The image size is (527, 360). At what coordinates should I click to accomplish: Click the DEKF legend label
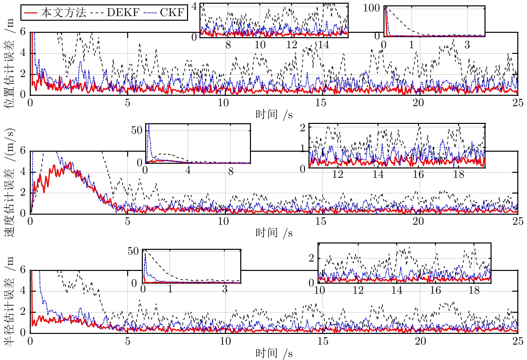[123, 13]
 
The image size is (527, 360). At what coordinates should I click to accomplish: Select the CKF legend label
[172, 13]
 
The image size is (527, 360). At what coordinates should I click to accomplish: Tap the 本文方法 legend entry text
[64, 13]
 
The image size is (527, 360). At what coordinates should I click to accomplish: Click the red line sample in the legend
[30, 13]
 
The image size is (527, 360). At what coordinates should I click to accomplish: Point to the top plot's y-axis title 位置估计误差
[10, 64]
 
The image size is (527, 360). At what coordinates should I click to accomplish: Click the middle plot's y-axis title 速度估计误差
[10, 183]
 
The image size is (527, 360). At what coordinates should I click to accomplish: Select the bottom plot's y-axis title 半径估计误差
[10, 301]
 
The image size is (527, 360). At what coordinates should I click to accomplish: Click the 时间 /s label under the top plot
[274, 115]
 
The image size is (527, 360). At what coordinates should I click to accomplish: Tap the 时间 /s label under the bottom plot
[274, 353]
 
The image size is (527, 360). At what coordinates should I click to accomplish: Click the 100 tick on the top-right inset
[371, 8]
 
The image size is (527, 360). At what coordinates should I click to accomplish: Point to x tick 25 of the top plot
[518, 103]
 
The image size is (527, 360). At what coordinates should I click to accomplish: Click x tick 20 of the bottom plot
[420, 341]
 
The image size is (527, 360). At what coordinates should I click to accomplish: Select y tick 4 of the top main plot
[23, 53]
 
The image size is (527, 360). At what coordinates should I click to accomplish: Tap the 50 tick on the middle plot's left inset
[137, 130]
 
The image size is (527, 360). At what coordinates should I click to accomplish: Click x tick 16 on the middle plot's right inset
[418, 174]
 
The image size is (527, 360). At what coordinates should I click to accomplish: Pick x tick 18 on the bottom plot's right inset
[474, 290]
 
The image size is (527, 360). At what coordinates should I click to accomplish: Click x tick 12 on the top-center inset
[292, 45]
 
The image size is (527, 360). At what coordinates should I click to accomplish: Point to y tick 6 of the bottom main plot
[23, 270]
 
